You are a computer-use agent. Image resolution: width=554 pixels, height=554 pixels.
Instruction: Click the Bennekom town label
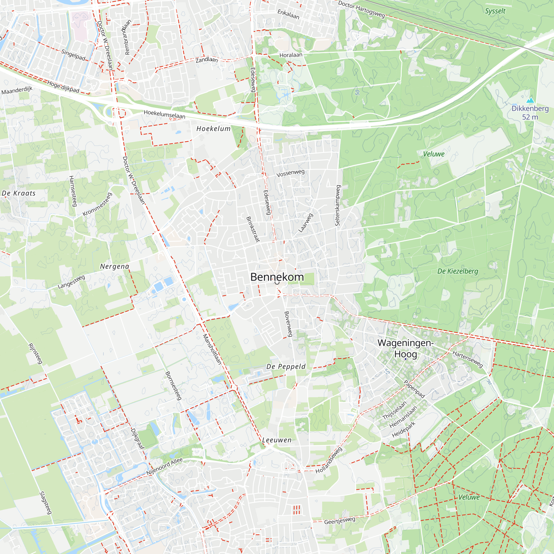277,277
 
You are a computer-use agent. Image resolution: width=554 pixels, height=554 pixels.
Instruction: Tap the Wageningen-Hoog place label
405,348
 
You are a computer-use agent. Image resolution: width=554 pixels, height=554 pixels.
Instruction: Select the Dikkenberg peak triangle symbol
530,100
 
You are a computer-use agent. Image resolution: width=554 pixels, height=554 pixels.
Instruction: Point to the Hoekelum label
213,129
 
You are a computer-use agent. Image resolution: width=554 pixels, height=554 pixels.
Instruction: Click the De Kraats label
19,193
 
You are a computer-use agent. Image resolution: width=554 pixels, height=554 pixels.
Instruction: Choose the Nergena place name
114,266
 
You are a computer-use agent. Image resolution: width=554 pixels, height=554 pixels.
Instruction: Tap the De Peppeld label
286,366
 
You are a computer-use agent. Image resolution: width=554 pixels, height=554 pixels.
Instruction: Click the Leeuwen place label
277,440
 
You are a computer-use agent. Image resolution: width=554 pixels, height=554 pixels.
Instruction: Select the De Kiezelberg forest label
458,271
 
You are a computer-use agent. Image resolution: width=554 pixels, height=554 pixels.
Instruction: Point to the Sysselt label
495,11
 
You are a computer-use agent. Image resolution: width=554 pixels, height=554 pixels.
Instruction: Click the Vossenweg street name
290,173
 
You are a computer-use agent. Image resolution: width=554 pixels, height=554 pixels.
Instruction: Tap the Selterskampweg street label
337,205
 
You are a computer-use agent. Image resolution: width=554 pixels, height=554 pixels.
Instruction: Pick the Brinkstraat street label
253,229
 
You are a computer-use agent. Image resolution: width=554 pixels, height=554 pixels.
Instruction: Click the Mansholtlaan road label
212,349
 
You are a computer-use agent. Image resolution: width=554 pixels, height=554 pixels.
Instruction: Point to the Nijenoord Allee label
164,466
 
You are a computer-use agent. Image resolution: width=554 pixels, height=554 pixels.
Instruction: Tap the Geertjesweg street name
340,520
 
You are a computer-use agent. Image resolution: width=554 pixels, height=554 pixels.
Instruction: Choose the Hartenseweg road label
468,359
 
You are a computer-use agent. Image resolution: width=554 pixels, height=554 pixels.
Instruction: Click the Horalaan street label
291,55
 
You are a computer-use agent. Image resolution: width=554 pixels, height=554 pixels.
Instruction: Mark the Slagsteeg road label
45,503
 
